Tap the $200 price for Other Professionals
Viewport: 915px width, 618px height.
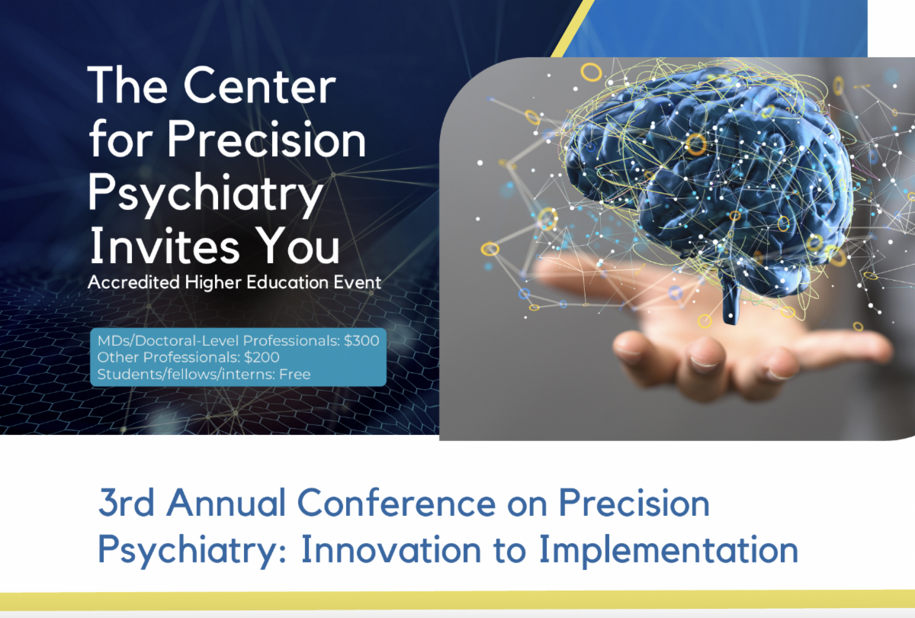click(262, 357)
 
